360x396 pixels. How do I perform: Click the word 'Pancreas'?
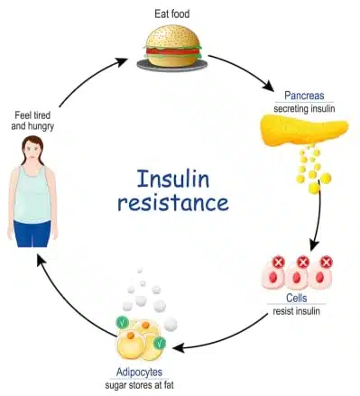click(x=304, y=95)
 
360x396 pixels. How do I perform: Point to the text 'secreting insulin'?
click(x=305, y=108)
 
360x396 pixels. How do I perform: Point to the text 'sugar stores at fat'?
click(x=147, y=384)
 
